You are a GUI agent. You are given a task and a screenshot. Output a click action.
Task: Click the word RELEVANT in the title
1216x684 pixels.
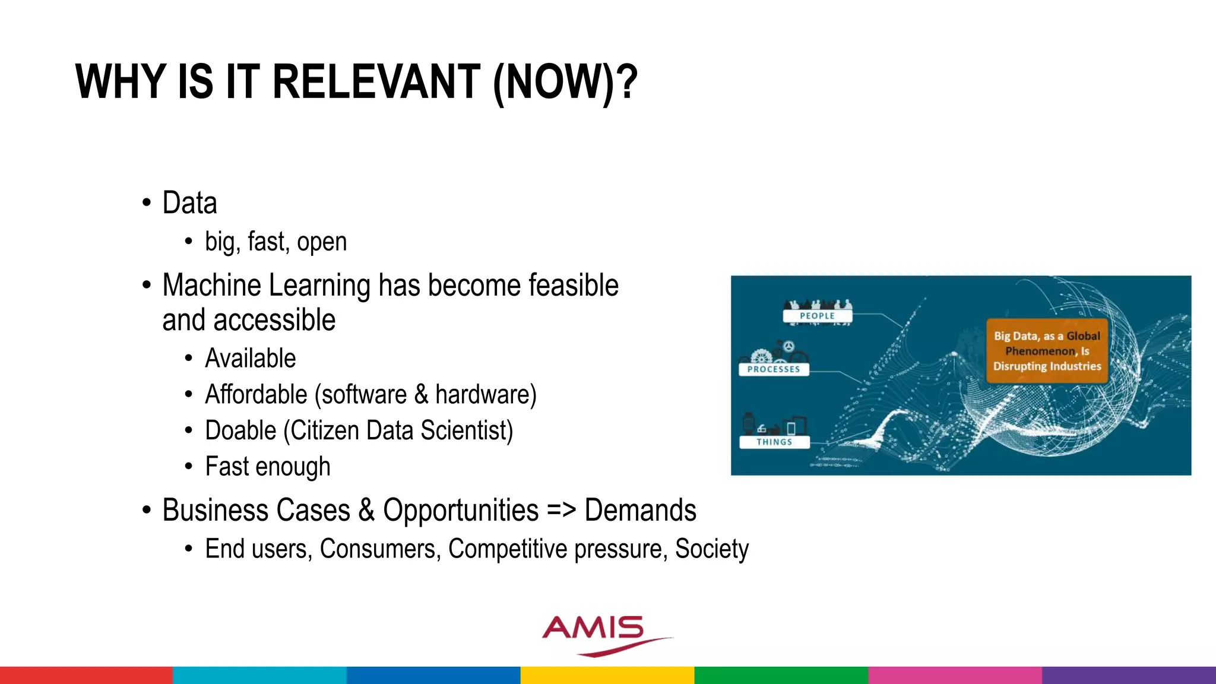(376, 81)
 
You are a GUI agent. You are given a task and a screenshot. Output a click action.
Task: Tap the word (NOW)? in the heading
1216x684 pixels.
(565, 83)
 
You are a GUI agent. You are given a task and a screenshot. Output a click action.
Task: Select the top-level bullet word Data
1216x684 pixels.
(189, 203)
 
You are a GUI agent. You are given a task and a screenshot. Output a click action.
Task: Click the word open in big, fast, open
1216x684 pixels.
(322, 242)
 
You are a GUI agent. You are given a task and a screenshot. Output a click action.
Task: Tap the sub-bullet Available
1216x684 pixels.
(250, 359)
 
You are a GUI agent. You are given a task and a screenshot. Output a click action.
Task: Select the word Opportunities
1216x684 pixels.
(461, 511)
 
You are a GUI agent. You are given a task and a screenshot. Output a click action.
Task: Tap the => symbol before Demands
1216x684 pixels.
(561, 511)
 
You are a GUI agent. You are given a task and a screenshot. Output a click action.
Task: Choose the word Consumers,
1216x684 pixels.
(380, 549)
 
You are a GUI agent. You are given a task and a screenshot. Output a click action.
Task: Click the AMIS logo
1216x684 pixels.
(600, 634)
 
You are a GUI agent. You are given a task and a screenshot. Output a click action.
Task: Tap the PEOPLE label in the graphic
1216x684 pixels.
(817, 316)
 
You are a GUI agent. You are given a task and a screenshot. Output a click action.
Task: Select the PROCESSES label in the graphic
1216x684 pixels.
(774, 369)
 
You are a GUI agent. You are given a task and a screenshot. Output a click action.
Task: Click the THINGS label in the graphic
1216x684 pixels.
(774, 442)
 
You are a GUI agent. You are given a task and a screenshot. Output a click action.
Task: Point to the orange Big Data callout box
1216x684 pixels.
(1047, 351)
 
